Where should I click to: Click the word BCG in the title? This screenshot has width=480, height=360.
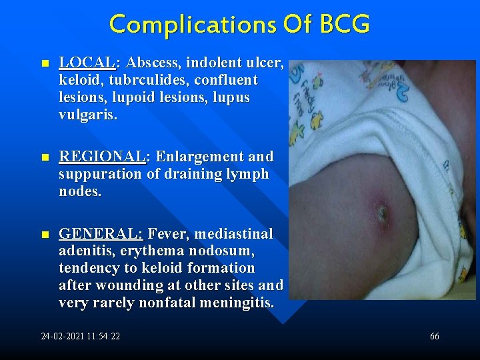click(344, 24)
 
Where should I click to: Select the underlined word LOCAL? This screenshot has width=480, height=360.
click(87, 63)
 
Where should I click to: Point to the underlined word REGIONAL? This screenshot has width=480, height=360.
click(101, 157)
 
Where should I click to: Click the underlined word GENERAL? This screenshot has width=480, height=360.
click(100, 234)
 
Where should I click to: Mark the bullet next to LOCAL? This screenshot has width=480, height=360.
click(44, 64)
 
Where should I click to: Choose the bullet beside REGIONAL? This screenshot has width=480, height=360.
click(44, 157)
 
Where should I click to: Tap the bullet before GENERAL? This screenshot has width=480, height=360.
click(44, 235)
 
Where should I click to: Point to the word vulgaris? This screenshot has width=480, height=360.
click(87, 115)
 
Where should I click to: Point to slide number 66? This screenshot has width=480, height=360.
click(435, 337)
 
